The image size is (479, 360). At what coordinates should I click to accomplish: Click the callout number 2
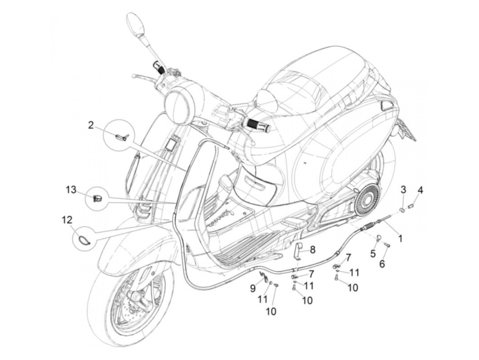[91, 125]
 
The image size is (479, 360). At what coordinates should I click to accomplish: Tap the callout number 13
[71, 190]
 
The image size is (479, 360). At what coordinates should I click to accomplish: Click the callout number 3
[403, 189]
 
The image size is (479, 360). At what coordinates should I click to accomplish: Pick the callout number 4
[420, 189]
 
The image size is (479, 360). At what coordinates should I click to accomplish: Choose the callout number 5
[373, 254]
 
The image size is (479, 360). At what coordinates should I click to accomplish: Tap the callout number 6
[382, 263]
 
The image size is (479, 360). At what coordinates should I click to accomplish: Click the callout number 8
[313, 250]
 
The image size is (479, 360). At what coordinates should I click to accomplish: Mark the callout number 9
[253, 288]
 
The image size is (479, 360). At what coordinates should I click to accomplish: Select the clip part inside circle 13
[97, 198]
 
